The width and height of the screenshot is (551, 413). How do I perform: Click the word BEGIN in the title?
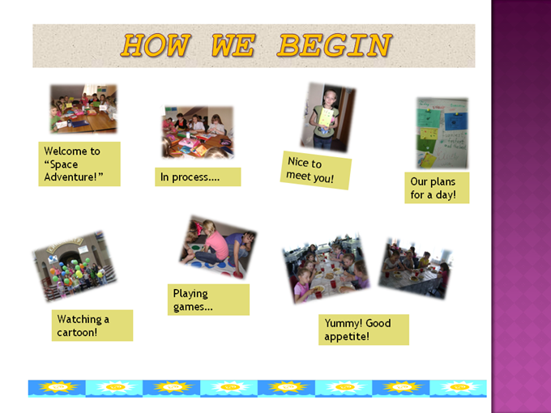coord(335,45)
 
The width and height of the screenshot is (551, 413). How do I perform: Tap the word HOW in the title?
coord(156,45)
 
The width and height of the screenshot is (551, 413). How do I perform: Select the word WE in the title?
coord(233,45)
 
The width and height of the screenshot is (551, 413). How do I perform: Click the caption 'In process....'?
coord(198,177)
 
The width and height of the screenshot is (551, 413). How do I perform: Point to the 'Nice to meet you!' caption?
coord(315,170)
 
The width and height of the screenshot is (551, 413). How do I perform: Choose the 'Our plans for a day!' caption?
coord(437,188)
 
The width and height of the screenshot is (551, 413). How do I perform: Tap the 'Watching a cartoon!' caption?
coord(92,326)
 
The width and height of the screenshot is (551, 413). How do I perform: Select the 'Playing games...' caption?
coord(208,300)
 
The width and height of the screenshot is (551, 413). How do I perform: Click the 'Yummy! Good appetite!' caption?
coord(364,330)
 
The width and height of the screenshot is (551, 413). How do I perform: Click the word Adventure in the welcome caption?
coord(70,177)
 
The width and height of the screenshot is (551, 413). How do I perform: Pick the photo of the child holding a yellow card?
coord(328,117)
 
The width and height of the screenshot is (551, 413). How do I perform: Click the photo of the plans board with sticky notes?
coord(442,133)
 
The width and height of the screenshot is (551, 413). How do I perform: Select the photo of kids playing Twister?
coord(218,247)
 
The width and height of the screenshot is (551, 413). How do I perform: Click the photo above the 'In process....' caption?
coord(198,132)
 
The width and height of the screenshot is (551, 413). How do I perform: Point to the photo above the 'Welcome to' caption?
coord(83,109)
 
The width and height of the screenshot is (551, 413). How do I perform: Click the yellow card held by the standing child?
coord(326,117)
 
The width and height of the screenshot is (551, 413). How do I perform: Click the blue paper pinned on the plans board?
coord(455,121)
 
